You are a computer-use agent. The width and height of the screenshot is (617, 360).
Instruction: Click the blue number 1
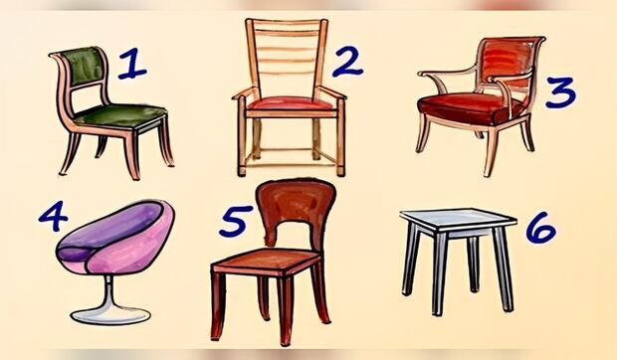132,64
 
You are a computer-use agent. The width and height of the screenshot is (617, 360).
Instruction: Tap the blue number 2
347,62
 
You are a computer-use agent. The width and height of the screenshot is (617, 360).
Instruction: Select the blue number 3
561,92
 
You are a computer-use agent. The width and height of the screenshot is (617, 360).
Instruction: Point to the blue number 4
54,216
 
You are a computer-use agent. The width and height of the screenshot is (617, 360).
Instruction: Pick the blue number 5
235,221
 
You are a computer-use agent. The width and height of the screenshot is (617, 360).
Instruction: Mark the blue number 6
541,228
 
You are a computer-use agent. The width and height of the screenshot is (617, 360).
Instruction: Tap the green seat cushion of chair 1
120,115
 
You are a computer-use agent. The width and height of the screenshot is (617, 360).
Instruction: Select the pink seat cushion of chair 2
291,104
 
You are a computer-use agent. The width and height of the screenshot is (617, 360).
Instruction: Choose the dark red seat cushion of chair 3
471,107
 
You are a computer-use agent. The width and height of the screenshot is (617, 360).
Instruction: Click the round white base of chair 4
111,315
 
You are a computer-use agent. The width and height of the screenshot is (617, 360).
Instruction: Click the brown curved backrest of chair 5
296,205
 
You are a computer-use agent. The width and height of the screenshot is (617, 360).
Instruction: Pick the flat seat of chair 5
267,261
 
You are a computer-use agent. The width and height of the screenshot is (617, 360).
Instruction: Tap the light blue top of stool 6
458,218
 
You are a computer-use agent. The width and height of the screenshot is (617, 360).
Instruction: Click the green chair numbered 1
111,113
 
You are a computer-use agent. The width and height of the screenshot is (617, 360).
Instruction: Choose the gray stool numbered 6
458,262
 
